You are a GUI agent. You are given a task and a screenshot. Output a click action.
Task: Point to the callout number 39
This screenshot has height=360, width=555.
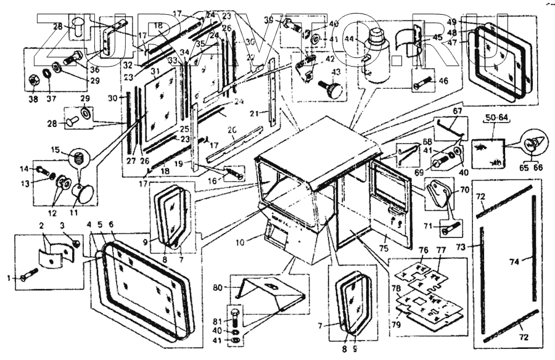click(285, 20)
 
